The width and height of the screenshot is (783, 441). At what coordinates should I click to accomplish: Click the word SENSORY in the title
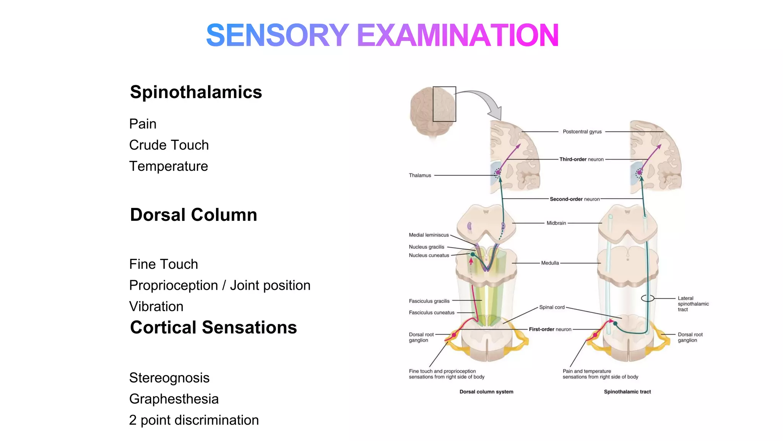(x=277, y=35)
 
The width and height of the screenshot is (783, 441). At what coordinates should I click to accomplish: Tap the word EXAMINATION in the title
(x=458, y=35)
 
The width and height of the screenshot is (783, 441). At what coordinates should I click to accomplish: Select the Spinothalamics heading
(x=196, y=92)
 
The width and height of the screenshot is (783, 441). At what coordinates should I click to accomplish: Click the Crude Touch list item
(x=169, y=145)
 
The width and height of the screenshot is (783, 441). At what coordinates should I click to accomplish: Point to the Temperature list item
(x=168, y=166)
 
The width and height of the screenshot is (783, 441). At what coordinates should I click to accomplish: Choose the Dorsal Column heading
(x=193, y=215)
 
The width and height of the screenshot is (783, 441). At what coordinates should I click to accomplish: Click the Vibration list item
(x=156, y=306)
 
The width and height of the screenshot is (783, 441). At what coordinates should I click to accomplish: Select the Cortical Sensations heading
(x=213, y=328)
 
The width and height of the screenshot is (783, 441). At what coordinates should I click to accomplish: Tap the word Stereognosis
(x=169, y=378)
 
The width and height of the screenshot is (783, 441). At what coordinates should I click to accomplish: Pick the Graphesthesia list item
(x=174, y=399)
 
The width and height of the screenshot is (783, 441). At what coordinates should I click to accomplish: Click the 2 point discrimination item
(x=194, y=420)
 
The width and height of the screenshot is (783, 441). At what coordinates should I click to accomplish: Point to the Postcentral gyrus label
(x=582, y=132)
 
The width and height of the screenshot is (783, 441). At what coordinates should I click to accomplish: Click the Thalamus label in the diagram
(x=420, y=175)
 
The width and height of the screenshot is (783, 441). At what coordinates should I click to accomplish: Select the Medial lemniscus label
(x=429, y=235)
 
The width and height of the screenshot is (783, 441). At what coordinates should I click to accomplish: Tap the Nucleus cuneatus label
(x=429, y=255)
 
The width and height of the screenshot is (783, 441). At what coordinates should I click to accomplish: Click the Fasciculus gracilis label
(x=429, y=301)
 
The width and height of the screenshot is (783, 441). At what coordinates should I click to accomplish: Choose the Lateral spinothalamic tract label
(x=693, y=304)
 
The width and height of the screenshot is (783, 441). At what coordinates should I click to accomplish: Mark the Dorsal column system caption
(x=486, y=392)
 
